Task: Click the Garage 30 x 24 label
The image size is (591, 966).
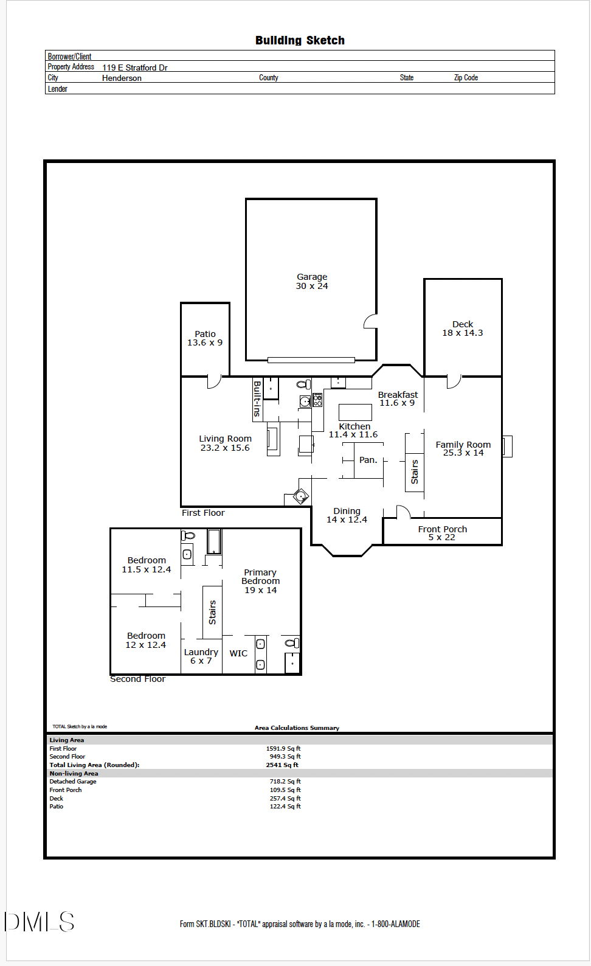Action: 312,281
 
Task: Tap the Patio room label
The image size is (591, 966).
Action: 205,338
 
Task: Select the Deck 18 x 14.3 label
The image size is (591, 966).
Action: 463,328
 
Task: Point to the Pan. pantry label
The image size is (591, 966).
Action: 368,460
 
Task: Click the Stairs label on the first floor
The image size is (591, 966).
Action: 415,472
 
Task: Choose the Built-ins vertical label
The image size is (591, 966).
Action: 257,398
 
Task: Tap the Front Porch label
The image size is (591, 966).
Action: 442,533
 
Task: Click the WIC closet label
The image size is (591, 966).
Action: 238,653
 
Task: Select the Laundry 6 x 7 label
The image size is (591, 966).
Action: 201,656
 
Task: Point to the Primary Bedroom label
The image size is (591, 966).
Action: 260,581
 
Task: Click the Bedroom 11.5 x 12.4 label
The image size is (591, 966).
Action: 147,565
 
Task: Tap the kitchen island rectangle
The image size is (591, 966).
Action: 355,412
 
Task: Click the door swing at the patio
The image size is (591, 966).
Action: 214,382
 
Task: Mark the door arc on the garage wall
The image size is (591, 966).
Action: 370,321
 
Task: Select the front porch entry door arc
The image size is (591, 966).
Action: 404,511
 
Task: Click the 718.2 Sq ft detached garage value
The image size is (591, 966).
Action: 285,781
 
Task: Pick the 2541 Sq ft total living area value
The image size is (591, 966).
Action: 282,765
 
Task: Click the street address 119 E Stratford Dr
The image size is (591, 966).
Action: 135,68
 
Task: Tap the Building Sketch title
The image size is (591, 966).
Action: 300,41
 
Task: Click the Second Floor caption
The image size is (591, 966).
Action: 137,679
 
